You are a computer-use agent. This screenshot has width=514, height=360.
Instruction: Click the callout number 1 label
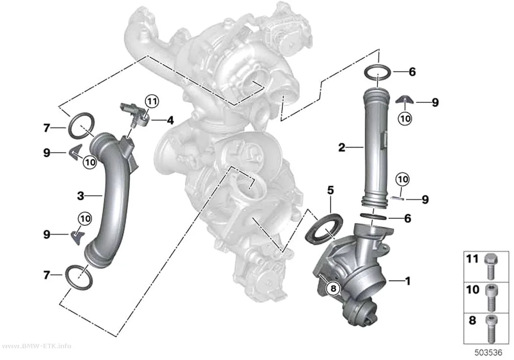[408, 281]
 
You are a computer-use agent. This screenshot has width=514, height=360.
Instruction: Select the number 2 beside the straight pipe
[342, 147]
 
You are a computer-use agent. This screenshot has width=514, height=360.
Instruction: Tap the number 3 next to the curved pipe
[80, 196]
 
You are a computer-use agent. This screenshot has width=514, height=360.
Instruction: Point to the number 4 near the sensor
[170, 120]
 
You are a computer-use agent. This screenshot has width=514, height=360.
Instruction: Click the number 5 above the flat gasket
[330, 190]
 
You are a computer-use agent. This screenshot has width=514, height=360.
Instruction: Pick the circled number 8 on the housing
[333, 288]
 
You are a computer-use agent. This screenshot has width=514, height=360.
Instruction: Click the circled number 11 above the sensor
[152, 102]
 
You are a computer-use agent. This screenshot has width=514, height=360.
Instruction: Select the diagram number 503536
[489, 353]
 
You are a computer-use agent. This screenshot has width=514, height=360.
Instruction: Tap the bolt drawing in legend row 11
[491, 265]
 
